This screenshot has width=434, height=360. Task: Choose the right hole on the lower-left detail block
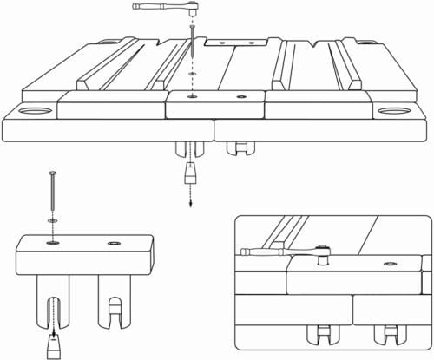[x=114, y=244]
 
